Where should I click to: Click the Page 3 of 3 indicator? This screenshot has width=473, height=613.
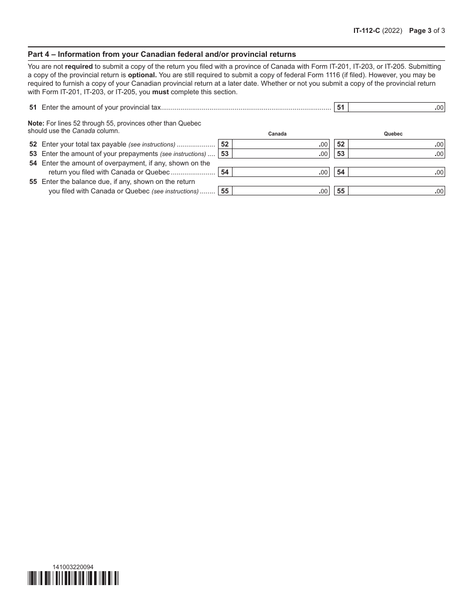427,30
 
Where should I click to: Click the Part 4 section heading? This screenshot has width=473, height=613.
162,54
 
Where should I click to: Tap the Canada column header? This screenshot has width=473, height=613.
277,134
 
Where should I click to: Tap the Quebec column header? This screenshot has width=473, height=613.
393,134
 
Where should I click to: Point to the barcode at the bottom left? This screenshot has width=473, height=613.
73,578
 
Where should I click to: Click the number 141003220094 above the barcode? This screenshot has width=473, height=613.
73,567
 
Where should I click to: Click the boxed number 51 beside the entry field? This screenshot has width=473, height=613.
341,107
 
